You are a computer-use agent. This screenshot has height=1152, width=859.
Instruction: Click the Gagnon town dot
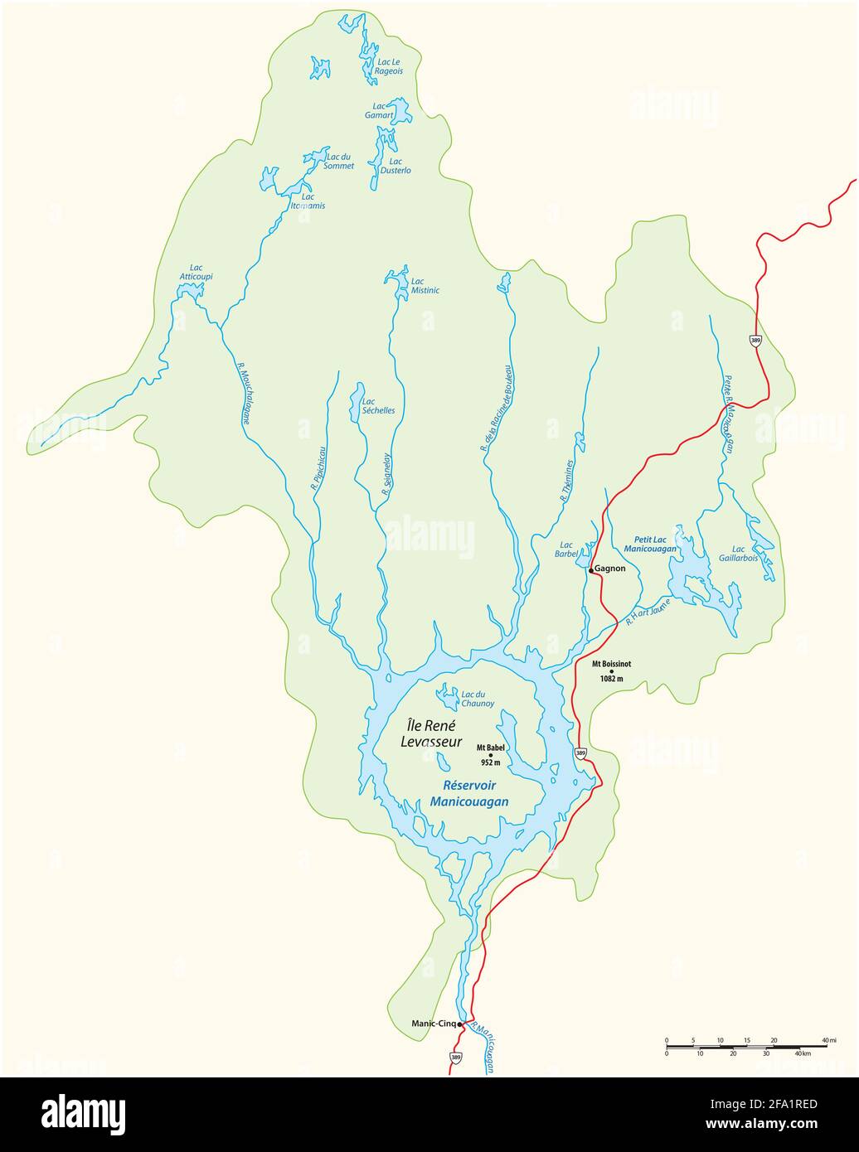[x=590, y=570]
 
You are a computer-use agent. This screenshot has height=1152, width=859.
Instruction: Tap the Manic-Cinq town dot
[x=459, y=1024]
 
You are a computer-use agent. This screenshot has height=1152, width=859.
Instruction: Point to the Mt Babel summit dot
[x=490, y=755]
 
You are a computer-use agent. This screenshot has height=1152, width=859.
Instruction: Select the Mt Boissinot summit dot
[x=612, y=671]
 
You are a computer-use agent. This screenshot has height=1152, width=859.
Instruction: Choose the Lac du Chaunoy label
[x=478, y=699]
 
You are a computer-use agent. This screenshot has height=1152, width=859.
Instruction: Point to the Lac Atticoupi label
[x=196, y=272]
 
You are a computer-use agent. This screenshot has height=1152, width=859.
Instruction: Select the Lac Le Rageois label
[x=389, y=66]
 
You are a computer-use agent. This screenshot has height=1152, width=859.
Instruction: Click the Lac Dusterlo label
[x=396, y=166]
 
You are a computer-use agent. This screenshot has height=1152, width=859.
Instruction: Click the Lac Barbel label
[x=566, y=549]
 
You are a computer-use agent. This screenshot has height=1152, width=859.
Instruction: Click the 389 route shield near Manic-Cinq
[x=455, y=1058]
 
